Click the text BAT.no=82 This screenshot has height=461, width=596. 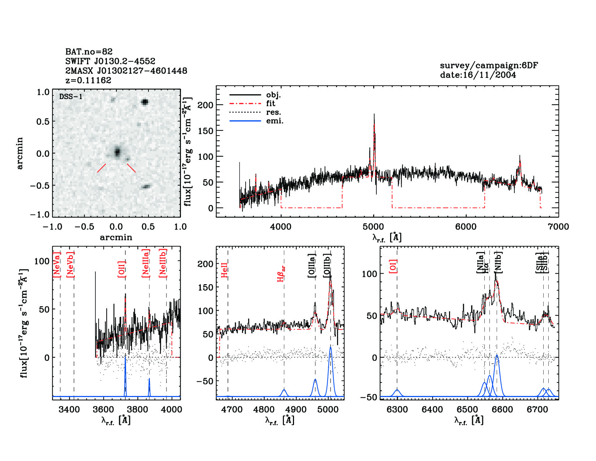[89, 52]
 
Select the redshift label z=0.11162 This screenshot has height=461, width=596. [88, 80]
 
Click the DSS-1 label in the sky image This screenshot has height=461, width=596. [71, 97]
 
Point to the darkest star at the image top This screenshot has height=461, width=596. [145, 102]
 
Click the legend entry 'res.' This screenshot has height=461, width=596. [273, 112]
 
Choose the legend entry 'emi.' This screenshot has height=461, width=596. [275, 121]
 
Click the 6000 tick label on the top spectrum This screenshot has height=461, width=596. [466, 227]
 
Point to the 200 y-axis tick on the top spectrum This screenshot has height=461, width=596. [206, 105]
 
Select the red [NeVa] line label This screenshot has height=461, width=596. [56, 264]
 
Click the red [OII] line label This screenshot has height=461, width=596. [122, 269]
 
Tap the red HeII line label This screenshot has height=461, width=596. [224, 270]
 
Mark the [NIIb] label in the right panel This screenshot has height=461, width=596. [498, 262]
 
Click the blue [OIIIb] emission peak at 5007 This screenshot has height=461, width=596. [330, 348]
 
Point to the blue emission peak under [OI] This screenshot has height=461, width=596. [397, 390]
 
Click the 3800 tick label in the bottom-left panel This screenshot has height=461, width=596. [137, 409]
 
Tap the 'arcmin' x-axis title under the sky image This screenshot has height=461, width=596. [116, 237]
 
